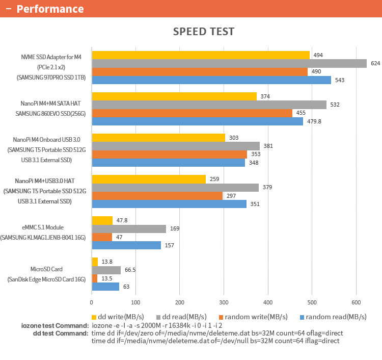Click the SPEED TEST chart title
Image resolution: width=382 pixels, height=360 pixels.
coord(203,32)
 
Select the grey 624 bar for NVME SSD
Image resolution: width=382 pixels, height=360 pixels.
coord(229,63)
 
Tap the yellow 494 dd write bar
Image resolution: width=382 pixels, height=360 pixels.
coord(201,55)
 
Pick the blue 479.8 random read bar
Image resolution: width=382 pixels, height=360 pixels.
coord(197,121)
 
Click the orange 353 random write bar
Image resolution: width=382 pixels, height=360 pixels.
coord(169,154)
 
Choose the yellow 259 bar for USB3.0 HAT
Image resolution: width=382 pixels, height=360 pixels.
coord(149,179)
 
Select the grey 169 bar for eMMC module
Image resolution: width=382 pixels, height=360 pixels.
coord(129,228)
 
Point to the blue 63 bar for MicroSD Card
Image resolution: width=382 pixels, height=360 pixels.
coord(105,287)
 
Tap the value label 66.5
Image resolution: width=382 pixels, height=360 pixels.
coord(129,270)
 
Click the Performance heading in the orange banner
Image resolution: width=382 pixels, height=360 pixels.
coord(50,9)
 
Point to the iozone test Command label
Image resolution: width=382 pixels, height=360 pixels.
coord(55,325)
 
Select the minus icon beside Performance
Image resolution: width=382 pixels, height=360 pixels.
coord(8,9)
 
